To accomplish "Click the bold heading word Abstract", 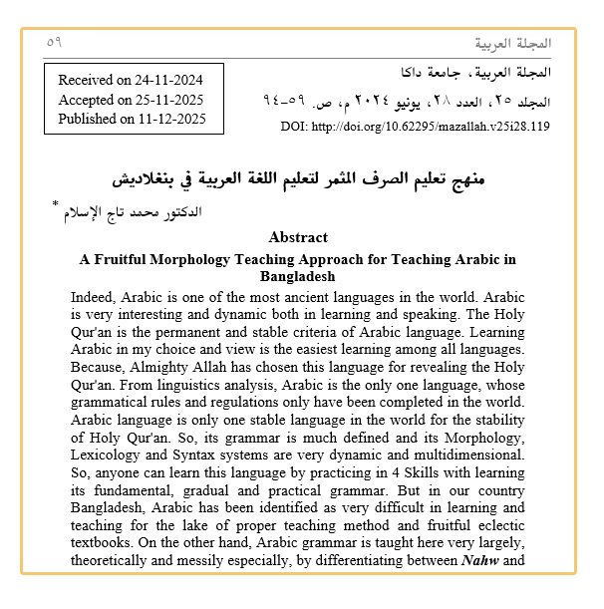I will [298, 237].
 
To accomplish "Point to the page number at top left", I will [54, 43].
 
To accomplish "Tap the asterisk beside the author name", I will [56, 204].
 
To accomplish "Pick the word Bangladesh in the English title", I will [297, 275].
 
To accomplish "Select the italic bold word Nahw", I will [482, 561].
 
